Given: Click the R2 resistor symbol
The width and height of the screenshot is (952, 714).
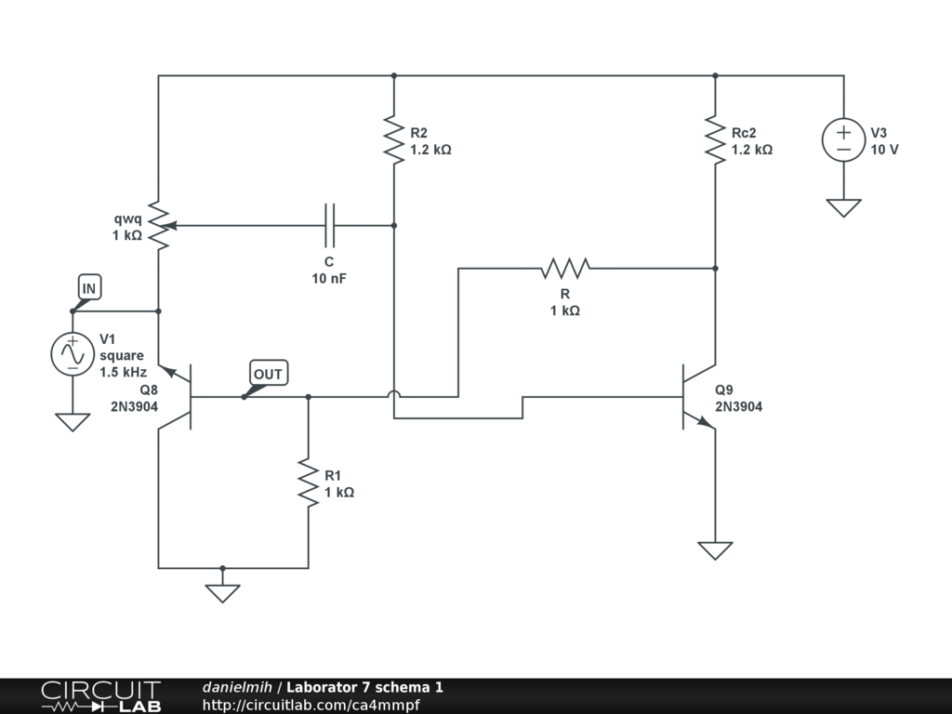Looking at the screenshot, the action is click(394, 140).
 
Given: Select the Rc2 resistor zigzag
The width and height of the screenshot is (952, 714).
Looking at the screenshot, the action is click(715, 140).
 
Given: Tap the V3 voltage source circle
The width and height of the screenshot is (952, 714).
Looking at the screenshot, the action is click(843, 139).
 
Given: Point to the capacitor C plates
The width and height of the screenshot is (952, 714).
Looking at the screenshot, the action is click(330, 225).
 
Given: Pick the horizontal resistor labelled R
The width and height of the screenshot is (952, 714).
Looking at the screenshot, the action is click(565, 268).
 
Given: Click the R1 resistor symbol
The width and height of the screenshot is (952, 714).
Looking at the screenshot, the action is click(309, 483).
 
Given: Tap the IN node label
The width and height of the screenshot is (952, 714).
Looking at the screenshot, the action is click(88, 288).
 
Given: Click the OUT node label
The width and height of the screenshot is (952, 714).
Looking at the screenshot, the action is click(268, 374).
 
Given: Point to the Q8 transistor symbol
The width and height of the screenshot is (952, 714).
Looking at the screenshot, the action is click(175, 397).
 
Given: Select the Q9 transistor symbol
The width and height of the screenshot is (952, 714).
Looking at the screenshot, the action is click(699, 397).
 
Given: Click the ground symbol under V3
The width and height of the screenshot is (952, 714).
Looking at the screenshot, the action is click(843, 207).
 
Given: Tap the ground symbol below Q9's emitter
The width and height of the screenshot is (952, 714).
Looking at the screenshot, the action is click(715, 550).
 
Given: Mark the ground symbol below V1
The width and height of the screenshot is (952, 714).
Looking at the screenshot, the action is click(73, 422).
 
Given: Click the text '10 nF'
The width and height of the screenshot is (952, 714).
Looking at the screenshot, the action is click(329, 279).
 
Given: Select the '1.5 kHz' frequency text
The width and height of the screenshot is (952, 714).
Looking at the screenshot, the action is click(124, 372).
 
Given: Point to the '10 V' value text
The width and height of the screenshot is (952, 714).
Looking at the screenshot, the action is click(885, 150).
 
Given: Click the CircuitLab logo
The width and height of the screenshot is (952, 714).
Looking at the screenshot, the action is click(101, 695).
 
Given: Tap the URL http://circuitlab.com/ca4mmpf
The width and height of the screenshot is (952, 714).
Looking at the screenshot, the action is click(311, 705).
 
